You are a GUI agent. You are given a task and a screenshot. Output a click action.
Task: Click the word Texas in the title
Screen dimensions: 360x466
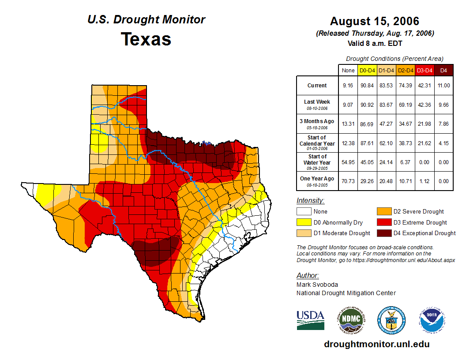tap(146, 39)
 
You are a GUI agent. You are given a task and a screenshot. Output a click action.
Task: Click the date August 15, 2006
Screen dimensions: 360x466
tap(375, 21)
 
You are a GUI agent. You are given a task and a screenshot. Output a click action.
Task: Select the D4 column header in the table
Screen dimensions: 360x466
tap(444, 70)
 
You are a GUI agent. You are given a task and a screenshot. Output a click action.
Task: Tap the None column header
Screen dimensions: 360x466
tap(348, 70)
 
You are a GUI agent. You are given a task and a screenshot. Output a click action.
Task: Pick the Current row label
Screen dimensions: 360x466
tap(317, 86)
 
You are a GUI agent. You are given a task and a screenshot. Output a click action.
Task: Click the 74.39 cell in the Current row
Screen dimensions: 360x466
tap(406, 86)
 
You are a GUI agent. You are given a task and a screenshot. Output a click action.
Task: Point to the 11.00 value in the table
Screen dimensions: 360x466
tap(444, 86)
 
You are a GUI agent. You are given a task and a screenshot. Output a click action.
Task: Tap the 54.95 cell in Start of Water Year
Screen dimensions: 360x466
tap(348, 161)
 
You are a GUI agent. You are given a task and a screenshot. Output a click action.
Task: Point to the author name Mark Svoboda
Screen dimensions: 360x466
tap(317, 285)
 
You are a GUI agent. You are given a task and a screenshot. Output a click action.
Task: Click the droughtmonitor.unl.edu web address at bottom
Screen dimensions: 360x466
tap(376, 344)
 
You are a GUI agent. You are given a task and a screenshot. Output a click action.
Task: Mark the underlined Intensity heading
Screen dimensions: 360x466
tap(310, 201)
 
